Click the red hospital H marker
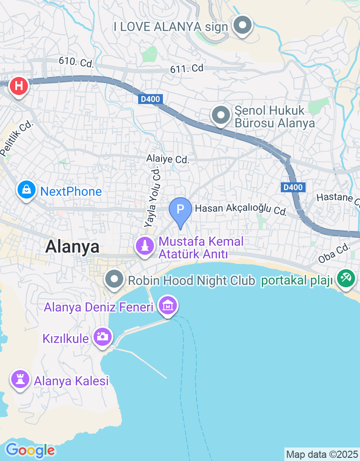click(18, 85)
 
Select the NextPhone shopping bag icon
click(27, 190)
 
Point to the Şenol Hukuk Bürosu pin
click(220, 115)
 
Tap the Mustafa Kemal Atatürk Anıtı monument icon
click(145, 246)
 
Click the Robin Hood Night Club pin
click(115, 280)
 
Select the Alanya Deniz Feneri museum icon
click(168, 306)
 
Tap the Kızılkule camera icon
click(103, 336)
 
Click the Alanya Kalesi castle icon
click(20, 380)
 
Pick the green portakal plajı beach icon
click(346, 278)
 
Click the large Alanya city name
click(72, 247)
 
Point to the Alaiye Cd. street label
click(168, 159)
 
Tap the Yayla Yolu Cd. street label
click(152, 196)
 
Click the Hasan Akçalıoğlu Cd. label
click(241, 209)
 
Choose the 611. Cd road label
click(187, 68)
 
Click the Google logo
click(30, 450)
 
